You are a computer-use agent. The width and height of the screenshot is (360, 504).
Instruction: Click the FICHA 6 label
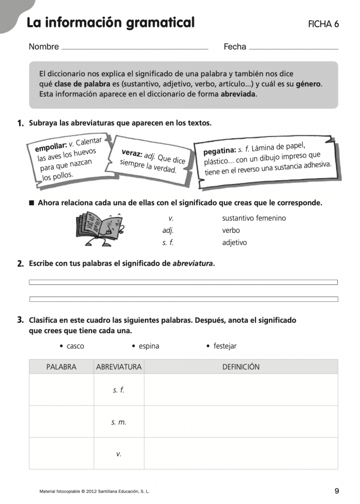tap(323, 24)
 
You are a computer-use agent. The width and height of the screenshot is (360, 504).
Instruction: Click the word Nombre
tap(44, 47)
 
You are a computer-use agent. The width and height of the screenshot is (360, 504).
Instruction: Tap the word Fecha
tap(235, 47)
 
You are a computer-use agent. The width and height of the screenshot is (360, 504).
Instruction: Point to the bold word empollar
tap(51, 146)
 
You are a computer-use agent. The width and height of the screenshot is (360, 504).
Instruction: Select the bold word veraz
tap(131, 154)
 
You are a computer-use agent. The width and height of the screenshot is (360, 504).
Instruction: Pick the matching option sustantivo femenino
tap(254, 218)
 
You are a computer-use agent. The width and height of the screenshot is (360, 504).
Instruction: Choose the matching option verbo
tap(231, 230)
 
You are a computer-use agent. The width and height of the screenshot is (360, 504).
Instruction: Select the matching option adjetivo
tap(234, 243)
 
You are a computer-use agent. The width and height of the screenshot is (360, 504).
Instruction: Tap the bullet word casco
tap(75, 346)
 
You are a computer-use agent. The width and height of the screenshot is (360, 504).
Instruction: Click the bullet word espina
tap(149, 346)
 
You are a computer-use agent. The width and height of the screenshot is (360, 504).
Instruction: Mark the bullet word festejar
tap(225, 346)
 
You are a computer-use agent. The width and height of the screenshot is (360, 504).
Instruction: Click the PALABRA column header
tap(61, 367)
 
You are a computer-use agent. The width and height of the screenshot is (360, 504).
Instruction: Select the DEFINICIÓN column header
tap(241, 367)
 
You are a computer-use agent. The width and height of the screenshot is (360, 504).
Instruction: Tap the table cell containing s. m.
tap(119, 422)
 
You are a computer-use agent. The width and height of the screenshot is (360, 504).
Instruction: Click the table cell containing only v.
tap(119, 454)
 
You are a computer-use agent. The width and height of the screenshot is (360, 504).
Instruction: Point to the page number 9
tap(337, 491)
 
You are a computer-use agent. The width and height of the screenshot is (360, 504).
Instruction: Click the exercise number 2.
tap(20, 264)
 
